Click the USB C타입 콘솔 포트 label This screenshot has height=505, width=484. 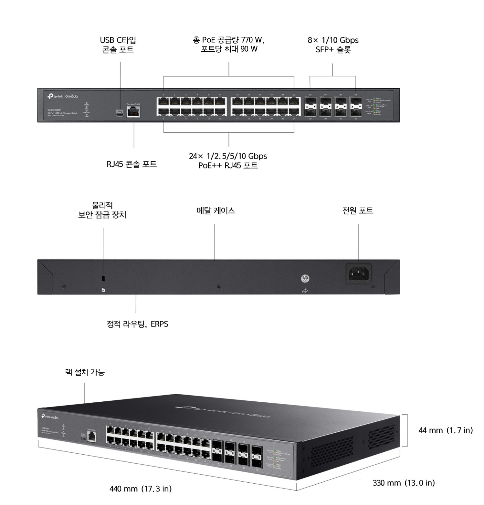118,45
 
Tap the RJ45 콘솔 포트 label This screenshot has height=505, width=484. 132,164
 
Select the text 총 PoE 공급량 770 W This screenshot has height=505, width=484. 228,40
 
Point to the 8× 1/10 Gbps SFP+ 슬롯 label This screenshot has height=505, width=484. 333,45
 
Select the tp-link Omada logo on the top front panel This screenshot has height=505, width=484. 63,96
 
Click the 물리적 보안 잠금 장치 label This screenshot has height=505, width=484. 102,210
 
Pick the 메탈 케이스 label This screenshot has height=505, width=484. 216,211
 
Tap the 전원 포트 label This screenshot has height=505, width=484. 358,211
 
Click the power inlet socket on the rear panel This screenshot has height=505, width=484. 359,273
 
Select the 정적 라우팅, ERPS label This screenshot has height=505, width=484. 137,324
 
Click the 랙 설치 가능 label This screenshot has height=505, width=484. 85,372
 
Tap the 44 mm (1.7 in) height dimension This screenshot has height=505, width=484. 446,430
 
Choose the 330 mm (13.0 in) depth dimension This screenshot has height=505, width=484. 404,483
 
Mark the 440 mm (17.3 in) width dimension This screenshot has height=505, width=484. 141,489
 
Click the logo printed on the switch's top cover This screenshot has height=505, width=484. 222,412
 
